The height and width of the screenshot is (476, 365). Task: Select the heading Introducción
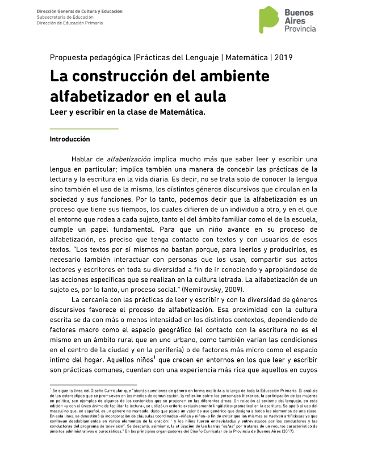[69, 139]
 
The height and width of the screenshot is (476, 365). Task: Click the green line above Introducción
[84, 129]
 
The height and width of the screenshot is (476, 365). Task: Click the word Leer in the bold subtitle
[59, 111]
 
